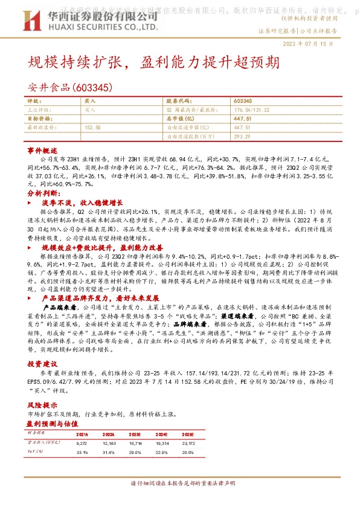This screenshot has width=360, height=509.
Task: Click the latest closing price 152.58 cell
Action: (93, 128)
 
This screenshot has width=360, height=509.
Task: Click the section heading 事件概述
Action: (42, 149)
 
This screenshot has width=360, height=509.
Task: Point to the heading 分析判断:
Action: (43, 193)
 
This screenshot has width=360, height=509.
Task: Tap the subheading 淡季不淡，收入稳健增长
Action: (82, 204)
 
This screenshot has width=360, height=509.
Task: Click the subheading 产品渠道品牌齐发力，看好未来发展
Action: (100, 299)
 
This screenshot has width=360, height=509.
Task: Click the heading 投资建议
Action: (42, 365)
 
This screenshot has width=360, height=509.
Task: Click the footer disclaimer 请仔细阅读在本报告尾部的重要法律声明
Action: (181, 484)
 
